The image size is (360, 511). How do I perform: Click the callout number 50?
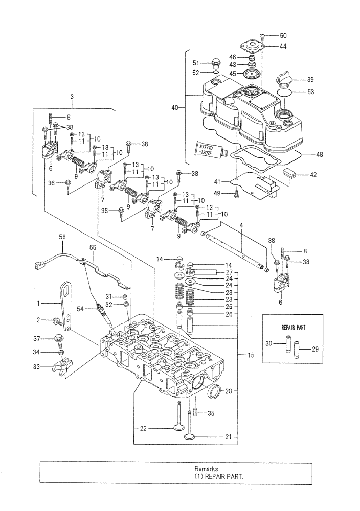(283, 35)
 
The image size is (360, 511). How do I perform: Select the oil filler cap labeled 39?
(284, 81)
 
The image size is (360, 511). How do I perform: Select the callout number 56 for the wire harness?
(62, 237)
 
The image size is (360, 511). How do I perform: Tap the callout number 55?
(93, 247)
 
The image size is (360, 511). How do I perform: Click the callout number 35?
(211, 414)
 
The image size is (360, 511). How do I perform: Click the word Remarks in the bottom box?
(206, 468)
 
